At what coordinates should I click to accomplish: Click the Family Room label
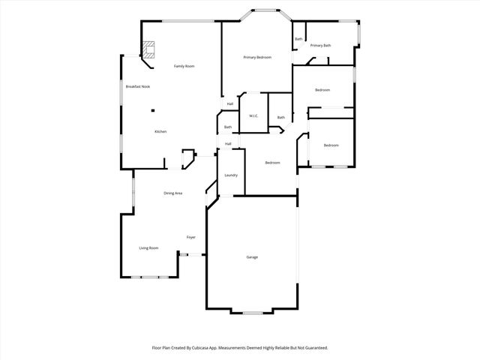pos(184,67)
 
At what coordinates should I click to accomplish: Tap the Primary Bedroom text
pos(257,58)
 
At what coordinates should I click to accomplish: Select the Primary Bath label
pos(321,46)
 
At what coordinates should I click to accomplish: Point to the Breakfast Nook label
pos(138,87)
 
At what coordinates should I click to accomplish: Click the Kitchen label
pos(160,132)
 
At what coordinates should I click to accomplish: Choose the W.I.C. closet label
pos(254,116)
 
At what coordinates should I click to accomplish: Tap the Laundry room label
pos(231,175)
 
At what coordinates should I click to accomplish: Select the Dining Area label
pos(173,193)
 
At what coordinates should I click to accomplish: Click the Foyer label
pos(191,238)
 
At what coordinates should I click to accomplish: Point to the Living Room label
pos(148,248)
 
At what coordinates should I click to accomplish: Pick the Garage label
pos(252,257)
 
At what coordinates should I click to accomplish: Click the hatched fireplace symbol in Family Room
pos(150,49)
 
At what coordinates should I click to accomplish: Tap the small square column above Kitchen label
pos(152,111)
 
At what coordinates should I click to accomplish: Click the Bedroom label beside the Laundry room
pos(272,163)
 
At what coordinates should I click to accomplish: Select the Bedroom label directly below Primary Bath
pos(322,90)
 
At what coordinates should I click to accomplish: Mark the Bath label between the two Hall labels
pos(228,127)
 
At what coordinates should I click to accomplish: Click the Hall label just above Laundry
pos(228,144)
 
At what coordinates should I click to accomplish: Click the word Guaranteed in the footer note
pos(314,348)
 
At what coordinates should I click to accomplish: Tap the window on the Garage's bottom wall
pos(252,312)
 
